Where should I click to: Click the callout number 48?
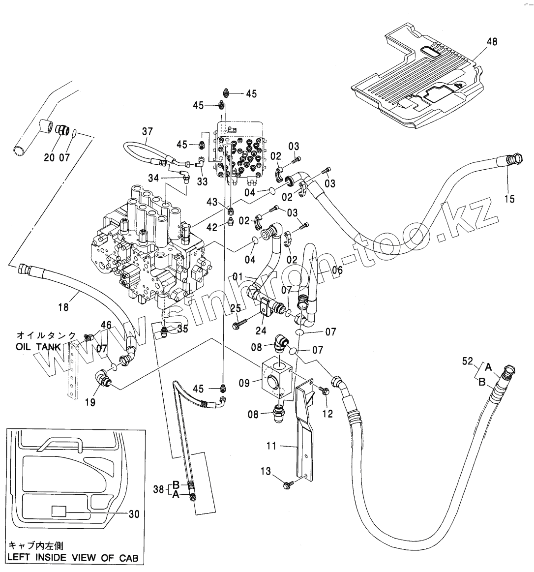[492, 42]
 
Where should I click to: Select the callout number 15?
[509, 198]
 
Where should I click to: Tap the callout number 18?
[63, 307]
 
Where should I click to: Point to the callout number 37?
[148, 131]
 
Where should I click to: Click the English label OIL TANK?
[38, 346]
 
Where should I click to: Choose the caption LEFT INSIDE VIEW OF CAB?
[73, 557]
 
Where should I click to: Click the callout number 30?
[134, 514]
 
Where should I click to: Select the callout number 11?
[271, 446]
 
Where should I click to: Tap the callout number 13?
[266, 471]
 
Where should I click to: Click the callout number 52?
[467, 361]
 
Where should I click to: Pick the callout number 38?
[158, 489]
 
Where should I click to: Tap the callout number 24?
[261, 330]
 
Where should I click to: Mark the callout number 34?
[153, 178]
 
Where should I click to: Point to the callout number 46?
[106, 325]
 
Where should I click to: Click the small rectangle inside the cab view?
[59, 511]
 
